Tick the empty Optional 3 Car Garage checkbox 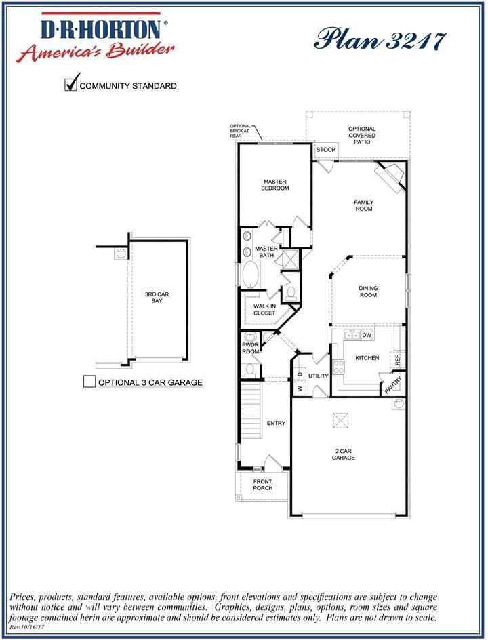tap(89, 382)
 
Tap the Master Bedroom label tap(275, 184)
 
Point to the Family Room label tap(364, 205)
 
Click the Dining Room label tap(368, 292)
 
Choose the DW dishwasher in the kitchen tap(367, 335)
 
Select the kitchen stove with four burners tap(338, 367)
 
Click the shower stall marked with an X tap(290, 260)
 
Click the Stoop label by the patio tap(326, 150)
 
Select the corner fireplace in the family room tap(392, 174)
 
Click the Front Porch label tap(262, 485)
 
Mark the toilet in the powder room tap(249, 369)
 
